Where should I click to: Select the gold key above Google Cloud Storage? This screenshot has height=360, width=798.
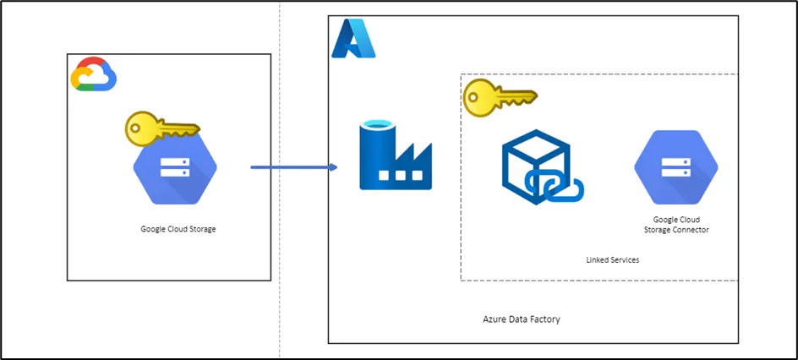pos(161,128)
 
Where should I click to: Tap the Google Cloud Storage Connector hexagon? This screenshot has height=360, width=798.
pos(675,167)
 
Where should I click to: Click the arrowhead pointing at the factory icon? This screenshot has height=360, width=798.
pos(333,167)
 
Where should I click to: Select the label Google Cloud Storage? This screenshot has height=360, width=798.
pos(178,229)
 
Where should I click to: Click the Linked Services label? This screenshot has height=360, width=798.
pos(612,260)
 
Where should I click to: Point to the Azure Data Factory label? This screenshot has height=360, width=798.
pos(521,319)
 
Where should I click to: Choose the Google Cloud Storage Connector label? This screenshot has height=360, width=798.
pos(675,225)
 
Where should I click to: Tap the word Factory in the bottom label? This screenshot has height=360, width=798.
pos(545,319)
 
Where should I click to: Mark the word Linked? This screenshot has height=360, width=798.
pos(598,260)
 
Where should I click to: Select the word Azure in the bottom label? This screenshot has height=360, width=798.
pos(494,319)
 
